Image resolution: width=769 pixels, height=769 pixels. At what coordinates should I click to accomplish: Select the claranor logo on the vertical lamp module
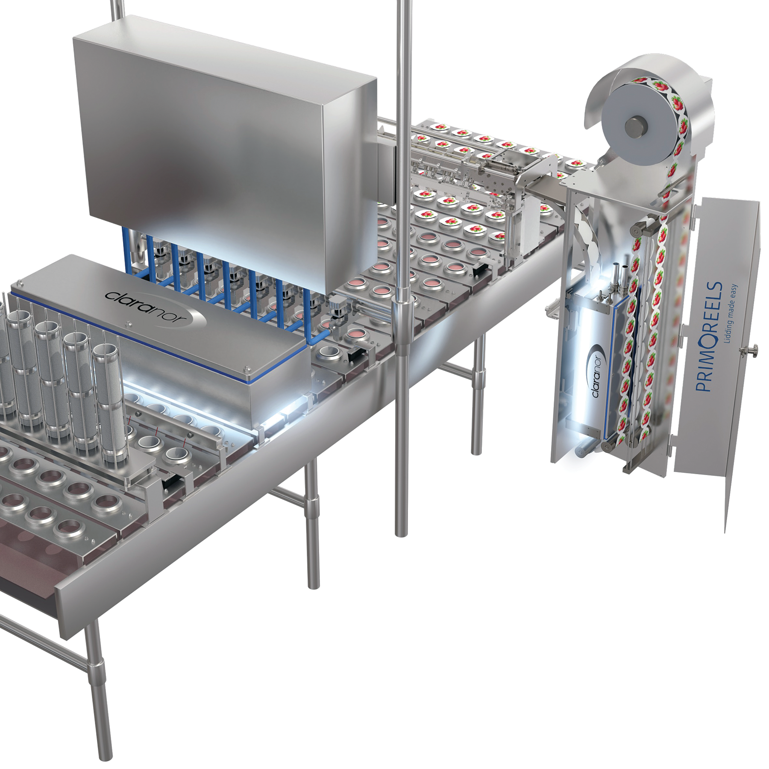pos(598,374)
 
